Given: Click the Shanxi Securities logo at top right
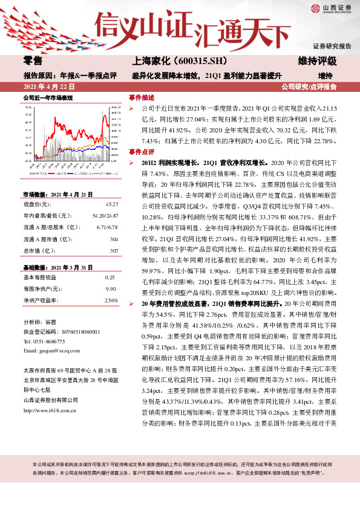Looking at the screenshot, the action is pyautogui.click(x=332, y=8).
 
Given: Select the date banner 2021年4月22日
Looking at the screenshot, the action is pyautogui.click(x=48, y=86).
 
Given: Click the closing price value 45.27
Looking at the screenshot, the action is pyautogui.click(x=111, y=205).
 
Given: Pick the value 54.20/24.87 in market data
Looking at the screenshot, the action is pyautogui.click(x=105, y=215).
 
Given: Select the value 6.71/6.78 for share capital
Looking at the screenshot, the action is pyautogui.click(x=106, y=227).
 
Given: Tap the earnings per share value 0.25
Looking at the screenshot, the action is pyautogui.click(x=110, y=277).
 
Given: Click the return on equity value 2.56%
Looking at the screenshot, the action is pyautogui.click(x=110, y=300).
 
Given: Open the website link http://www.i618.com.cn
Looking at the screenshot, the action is pyautogui.click(x=48, y=410).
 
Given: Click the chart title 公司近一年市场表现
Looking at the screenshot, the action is pyautogui.click(x=48, y=97).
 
